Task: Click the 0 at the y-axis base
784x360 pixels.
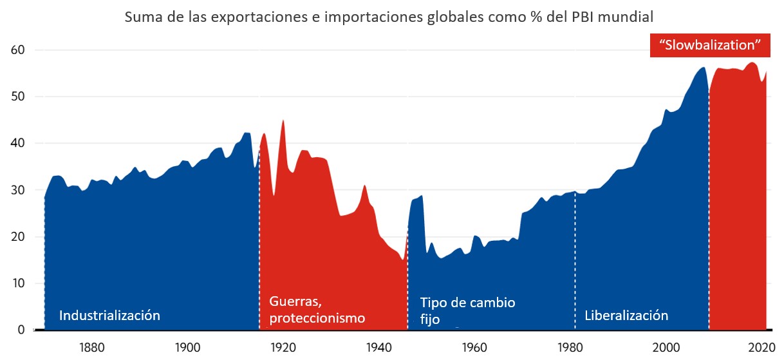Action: pyautogui.click(x=21, y=330)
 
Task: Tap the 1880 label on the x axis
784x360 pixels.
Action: pyautogui.click(x=92, y=346)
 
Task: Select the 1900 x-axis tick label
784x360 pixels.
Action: pyautogui.click(x=187, y=346)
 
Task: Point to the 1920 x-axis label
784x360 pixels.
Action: pyautogui.click(x=282, y=346)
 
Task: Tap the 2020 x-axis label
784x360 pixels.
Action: pyautogui.click(x=761, y=346)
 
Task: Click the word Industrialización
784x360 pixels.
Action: pyautogui.click(x=109, y=316)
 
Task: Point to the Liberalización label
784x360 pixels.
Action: pyautogui.click(x=626, y=316)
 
